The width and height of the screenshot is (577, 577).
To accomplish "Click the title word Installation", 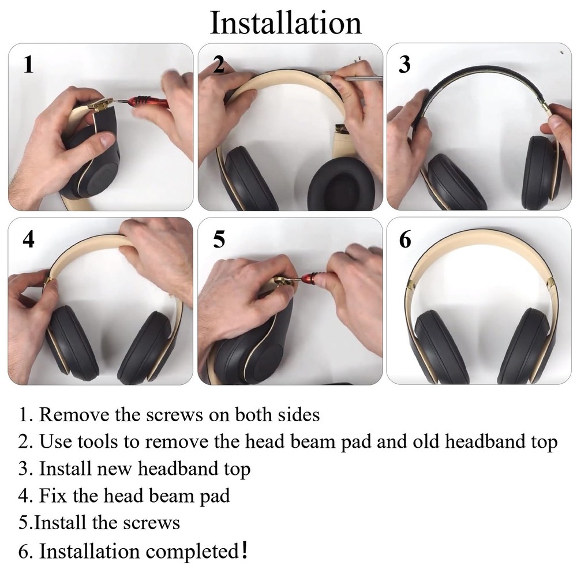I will (x=286, y=23).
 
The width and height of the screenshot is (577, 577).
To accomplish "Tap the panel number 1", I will (x=28, y=64).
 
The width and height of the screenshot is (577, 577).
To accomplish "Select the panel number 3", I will (x=404, y=65).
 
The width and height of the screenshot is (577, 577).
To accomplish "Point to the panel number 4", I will (x=28, y=239).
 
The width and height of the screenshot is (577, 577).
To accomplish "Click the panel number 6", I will (x=405, y=239).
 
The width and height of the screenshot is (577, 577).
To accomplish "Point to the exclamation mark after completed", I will (x=246, y=549).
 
